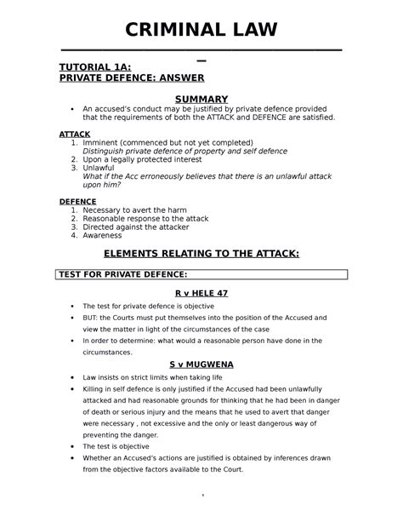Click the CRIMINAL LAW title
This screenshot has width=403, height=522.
click(x=201, y=31)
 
